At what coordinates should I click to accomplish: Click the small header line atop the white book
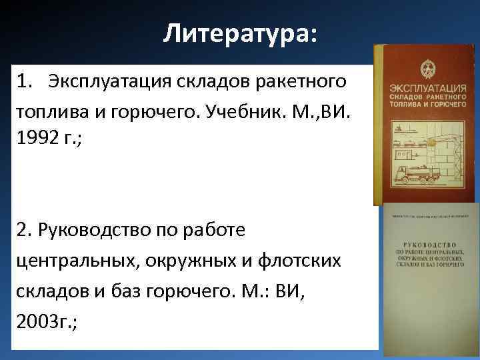(x=429, y=215)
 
